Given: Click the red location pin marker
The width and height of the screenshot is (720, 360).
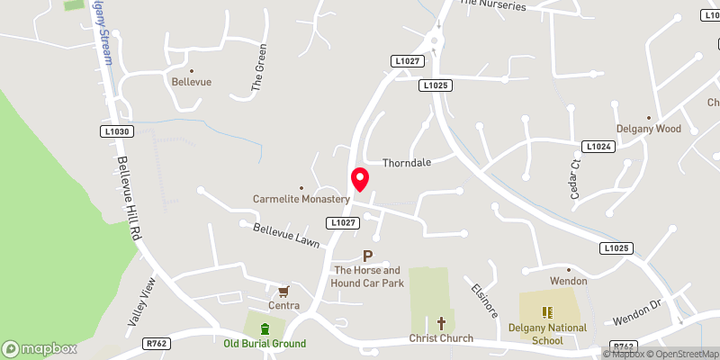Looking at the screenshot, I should [x=360, y=179].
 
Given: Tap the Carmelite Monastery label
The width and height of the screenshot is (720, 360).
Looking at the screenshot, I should [x=301, y=198].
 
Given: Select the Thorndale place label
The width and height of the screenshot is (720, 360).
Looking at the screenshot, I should [x=407, y=164].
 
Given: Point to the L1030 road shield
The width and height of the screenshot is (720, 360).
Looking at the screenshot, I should [x=116, y=131].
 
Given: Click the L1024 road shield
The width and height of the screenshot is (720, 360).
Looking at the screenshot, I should [x=598, y=146].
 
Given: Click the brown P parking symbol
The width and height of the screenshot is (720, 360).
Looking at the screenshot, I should [x=367, y=256].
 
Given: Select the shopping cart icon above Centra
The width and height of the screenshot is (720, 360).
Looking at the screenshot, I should [x=283, y=291].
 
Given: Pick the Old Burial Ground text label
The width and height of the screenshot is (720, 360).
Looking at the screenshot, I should [x=265, y=344].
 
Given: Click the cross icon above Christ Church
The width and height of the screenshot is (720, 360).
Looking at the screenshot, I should [x=441, y=322].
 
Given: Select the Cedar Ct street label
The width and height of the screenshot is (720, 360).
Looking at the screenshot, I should [x=577, y=178].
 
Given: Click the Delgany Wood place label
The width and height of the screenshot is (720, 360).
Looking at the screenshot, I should [x=648, y=129].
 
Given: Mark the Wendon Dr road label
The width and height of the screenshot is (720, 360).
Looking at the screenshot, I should [x=637, y=313].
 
